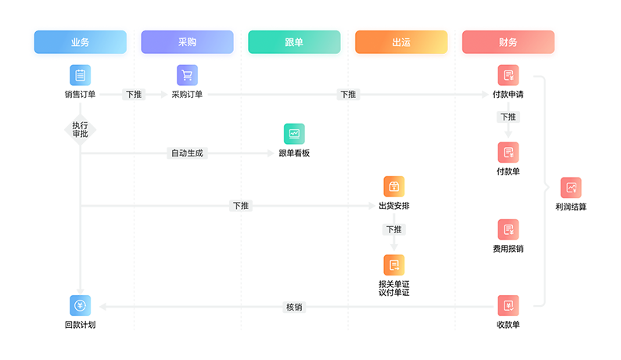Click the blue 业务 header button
80,42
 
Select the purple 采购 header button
187,42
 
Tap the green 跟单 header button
294,42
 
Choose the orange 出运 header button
400,42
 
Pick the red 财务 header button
508,42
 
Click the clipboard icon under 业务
80,76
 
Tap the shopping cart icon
187,76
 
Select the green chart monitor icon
294,134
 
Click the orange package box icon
394,187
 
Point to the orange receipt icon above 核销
394,265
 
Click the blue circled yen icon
80,305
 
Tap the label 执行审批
80,129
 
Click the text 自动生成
187,153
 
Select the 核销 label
294,307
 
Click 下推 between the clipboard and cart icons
134,95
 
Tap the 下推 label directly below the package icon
393,230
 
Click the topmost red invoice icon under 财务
508,76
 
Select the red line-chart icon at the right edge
572,188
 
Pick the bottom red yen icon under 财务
508,306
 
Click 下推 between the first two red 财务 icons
508,117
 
